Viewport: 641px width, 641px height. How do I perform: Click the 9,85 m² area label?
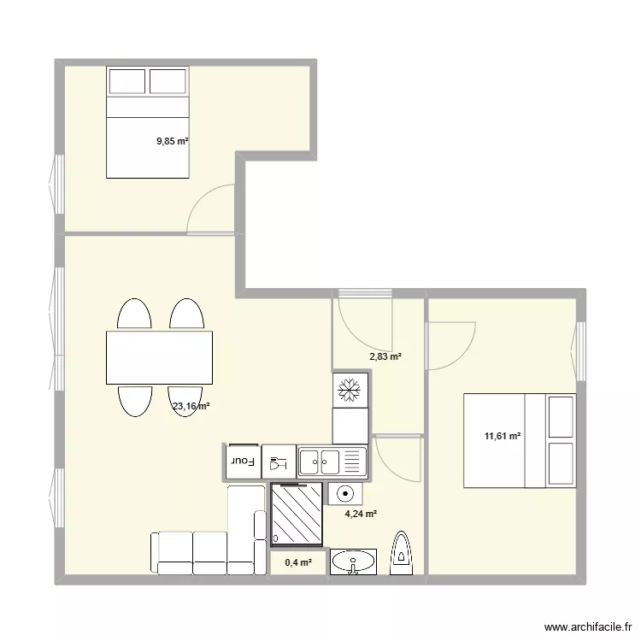click(x=172, y=142)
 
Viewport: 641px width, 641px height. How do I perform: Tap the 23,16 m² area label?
click(x=191, y=408)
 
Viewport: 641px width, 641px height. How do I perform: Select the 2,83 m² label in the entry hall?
click(x=385, y=357)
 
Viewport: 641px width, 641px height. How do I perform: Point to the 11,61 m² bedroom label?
click(x=503, y=437)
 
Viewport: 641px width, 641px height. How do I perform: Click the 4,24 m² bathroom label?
click(x=362, y=515)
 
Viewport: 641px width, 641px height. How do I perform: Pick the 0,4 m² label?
click(x=298, y=562)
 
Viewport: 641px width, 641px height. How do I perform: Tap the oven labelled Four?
click(x=243, y=462)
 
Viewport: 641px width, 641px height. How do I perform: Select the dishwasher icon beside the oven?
click(x=279, y=462)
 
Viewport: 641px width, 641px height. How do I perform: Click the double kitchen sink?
click(x=332, y=462)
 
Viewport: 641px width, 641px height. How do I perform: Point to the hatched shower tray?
click(x=297, y=514)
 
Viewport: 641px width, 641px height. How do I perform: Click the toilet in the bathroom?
click(x=402, y=553)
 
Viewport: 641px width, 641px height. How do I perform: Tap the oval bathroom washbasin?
click(x=352, y=562)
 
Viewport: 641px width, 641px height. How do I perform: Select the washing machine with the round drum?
click(x=345, y=494)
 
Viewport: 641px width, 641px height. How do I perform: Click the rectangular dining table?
click(x=159, y=357)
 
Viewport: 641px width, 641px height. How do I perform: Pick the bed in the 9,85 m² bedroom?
click(x=147, y=121)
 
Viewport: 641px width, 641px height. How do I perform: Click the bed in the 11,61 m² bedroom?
click(x=520, y=440)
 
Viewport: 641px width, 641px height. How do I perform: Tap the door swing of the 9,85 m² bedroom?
click(x=209, y=208)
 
